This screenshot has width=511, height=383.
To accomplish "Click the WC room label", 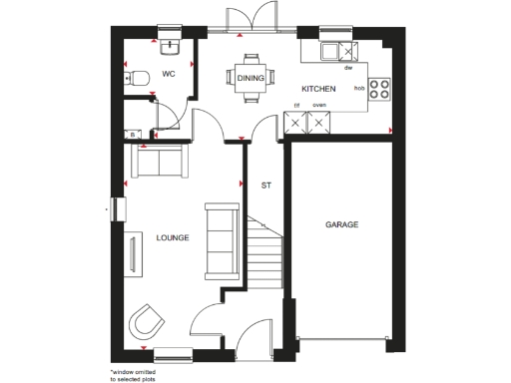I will tap(169, 74).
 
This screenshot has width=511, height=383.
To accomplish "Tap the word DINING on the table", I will tap(250, 77).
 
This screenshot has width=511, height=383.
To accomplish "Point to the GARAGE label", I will tap(341, 224).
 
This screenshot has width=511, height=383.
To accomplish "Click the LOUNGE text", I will tap(173, 237).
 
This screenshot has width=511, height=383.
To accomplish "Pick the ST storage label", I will tap(265, 186).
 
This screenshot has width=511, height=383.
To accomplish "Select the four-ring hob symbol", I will tap(379, 88).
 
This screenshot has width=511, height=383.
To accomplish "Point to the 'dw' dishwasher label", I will tap(347, 68).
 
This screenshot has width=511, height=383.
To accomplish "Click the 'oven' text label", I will tap(319, 104).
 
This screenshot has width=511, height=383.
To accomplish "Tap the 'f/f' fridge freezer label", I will tap(296, 104).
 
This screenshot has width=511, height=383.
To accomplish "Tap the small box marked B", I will tap(131, 134).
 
